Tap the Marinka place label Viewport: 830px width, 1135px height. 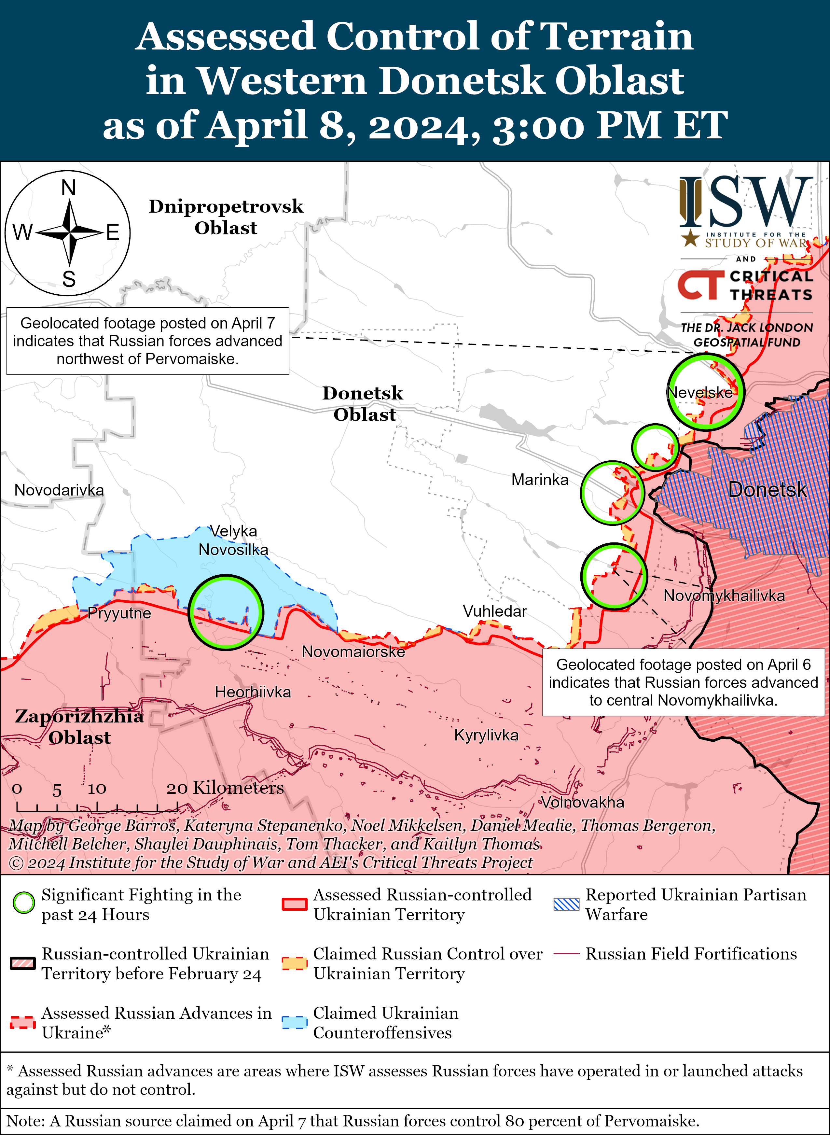click(x=540, y=480)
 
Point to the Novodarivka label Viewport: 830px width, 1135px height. click(x=59, y=490)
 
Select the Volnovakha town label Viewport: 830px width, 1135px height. click(x=582, y=802)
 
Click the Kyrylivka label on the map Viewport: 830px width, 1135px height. click(x=486, y=735)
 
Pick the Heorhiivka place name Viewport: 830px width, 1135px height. click(x=253, y=692)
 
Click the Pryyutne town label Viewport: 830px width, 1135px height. click(x=119, y=613)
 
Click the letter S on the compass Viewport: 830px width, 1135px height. click(x=69, y=279)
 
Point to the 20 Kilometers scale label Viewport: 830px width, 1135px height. click(x=225, y=788)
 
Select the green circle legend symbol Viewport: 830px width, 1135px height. click(x=24, y=903)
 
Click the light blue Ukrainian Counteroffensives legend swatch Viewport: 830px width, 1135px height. click(x=295, y=1022)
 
